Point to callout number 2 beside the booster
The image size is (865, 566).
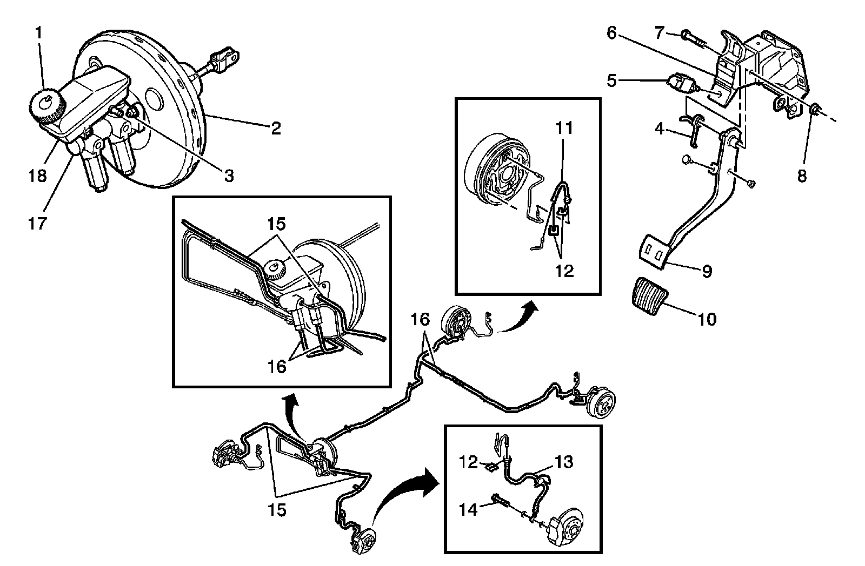click(276, 128)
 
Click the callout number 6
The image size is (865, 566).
click(611, 33)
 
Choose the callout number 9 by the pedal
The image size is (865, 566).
click(707, 271)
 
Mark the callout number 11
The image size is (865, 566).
click(564, 129)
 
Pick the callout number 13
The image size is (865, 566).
click(564, 463)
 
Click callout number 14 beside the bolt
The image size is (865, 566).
click(469, 509)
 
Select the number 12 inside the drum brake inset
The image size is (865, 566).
click(564, 271)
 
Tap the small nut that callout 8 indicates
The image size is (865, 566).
click(816, 112)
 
